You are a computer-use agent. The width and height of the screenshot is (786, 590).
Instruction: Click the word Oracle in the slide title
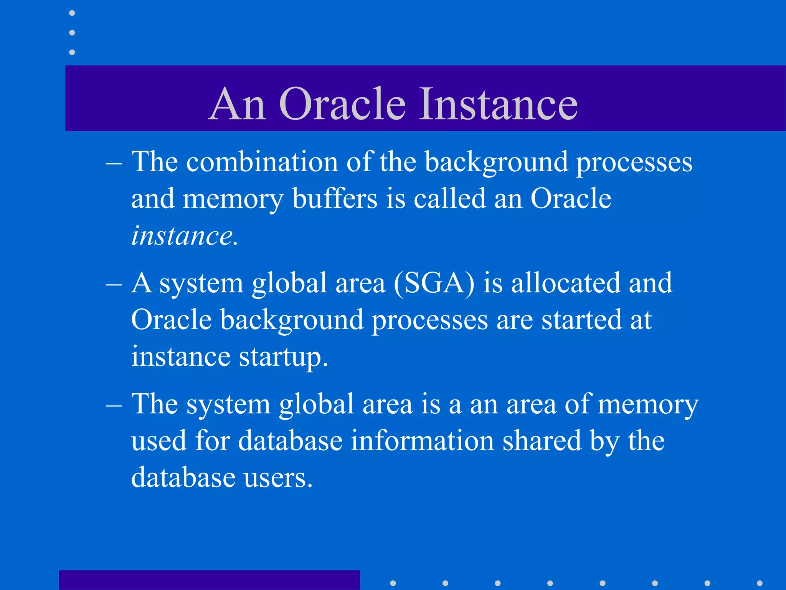tap(342, 104)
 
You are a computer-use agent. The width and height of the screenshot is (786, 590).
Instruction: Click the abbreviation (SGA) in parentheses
tap(434, 283)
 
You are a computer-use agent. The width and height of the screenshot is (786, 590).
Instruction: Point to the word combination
tap(262, 162)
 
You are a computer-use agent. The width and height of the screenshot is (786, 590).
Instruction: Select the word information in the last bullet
tap(422, 441)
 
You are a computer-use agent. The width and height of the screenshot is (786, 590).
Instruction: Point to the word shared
tap(542, 441)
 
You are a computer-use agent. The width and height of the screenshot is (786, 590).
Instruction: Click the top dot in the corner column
tap(72, 13)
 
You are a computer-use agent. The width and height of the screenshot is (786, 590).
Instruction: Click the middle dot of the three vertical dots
tap(72, 33)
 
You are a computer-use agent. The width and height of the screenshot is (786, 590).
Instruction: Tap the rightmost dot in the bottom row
tap(760, 583)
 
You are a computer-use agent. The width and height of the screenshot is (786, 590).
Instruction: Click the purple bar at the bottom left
tap(209, 580)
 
